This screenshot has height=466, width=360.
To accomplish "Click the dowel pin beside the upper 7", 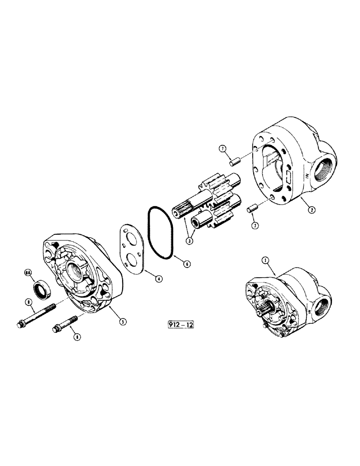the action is (235, 161).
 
